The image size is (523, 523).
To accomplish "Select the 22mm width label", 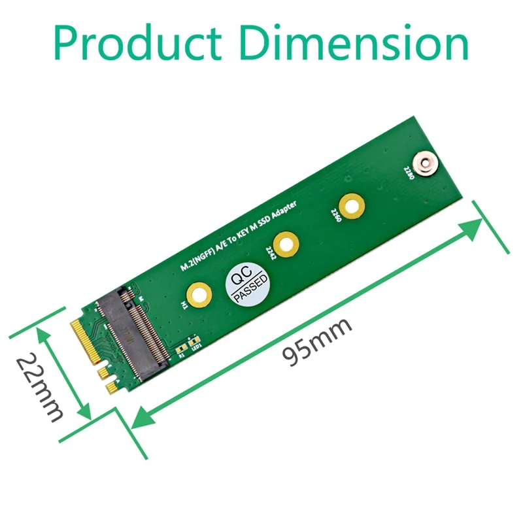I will click(x=39, y=388).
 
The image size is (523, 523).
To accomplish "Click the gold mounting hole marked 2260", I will click(x=351, y=207).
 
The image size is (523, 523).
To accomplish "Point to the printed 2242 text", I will click(x=270, y=252).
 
